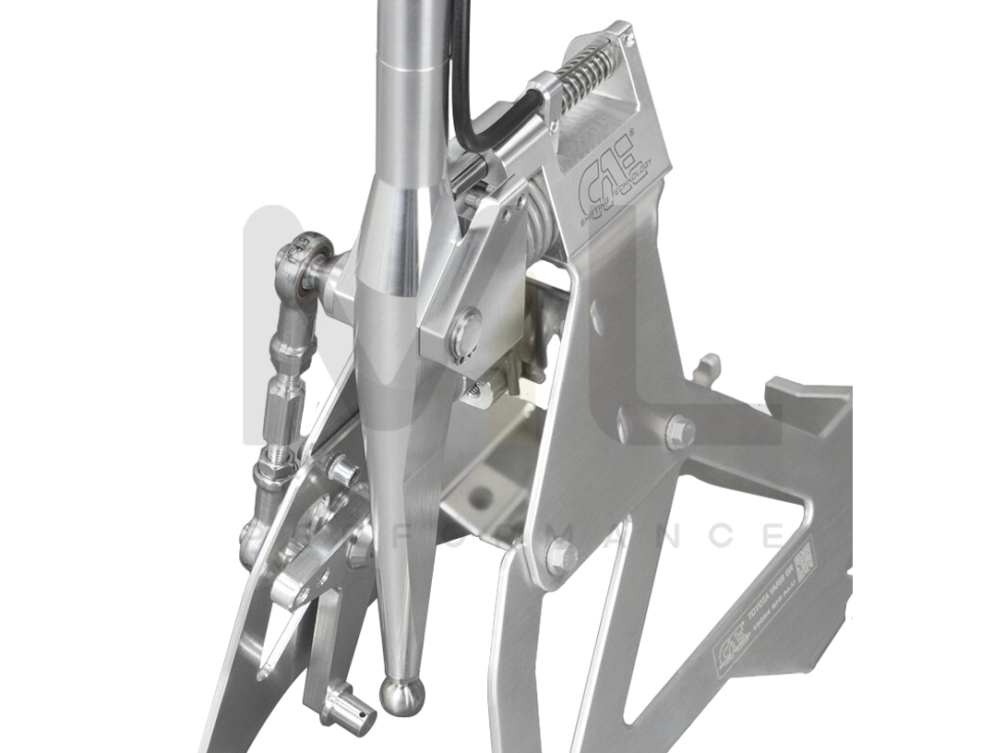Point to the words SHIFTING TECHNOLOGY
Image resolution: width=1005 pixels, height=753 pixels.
point(616,185)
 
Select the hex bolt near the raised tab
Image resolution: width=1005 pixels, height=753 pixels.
point(679,431)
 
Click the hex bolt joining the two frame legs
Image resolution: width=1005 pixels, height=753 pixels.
point(560,556)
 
